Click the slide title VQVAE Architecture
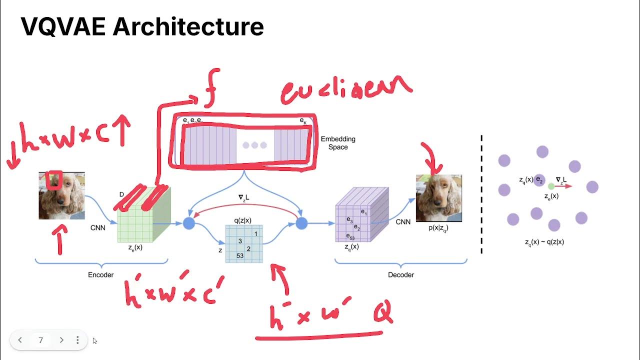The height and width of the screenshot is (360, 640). pos(142,26)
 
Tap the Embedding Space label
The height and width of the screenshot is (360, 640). pos(338,143)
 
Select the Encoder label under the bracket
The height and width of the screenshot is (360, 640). pos(101,274)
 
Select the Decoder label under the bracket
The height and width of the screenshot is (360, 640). pos(401,274)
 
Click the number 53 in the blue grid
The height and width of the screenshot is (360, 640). pos(240,255)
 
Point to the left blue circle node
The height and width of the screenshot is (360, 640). pos(189,223)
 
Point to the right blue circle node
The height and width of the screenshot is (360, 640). pos(301,223)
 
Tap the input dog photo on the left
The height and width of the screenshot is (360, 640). pos(61,195)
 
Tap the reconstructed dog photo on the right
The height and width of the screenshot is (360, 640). pos(439,198)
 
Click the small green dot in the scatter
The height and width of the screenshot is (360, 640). pos(551,186)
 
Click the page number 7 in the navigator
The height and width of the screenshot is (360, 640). pos(41,340)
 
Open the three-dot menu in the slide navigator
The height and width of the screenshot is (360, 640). pos(77,340)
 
